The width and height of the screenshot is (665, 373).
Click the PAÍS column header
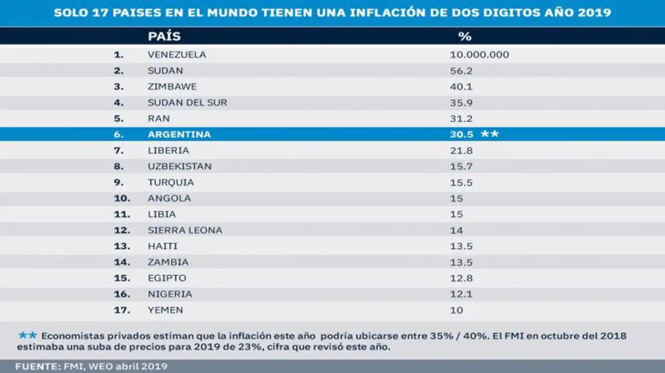click(164, 36)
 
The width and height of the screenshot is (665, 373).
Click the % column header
click(465, 36)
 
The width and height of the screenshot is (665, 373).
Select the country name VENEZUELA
click(176, 54)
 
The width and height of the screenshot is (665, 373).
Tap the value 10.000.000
click(479, 54)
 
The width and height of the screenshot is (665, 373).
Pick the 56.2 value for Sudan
click(461, 70)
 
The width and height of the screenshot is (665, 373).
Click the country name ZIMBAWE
click(172, 86)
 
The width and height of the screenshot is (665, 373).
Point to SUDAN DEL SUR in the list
click(187, 102)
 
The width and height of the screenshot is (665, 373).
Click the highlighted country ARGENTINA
click(179, 134)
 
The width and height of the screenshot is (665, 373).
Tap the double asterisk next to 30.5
click(490, 134)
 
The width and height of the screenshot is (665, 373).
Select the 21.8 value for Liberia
click(461, 151)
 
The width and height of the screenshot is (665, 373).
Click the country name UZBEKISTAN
click(180, 166)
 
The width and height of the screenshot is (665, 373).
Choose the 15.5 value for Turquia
click(461, 183)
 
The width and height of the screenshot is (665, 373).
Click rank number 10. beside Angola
click(122, 198)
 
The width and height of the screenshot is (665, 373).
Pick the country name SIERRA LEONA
click(185, 230)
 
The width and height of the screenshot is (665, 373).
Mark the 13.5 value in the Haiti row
click(461, 246)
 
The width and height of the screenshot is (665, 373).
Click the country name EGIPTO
click(167, 278)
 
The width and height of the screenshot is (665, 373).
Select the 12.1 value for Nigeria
click(461, 294)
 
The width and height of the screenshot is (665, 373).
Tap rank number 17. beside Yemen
click(122, 310)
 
